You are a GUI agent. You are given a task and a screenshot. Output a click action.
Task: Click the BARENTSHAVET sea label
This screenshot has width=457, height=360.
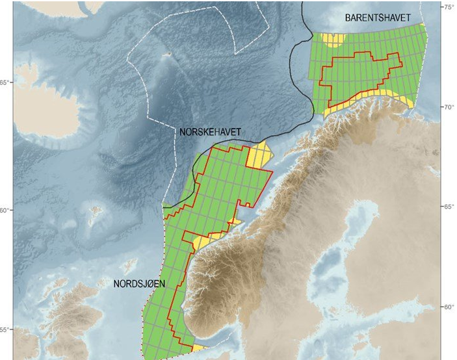[378, 19]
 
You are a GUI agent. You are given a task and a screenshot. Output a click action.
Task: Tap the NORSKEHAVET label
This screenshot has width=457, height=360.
[210, 132]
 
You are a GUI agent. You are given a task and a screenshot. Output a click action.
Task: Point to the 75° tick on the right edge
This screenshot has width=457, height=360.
[449, 7]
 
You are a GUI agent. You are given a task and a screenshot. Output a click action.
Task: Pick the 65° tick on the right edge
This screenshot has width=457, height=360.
[449, 207]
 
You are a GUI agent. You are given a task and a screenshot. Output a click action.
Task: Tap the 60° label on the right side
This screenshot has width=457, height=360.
[449, 307]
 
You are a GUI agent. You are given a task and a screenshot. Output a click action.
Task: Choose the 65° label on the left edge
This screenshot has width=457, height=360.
[6, 83]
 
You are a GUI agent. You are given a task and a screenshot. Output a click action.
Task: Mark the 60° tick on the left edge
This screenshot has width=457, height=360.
[6, 211]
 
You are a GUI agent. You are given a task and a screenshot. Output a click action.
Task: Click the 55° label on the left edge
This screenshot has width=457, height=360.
[6, 330]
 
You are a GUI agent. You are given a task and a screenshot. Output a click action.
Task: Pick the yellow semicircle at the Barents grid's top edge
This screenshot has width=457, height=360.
[335, 41]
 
